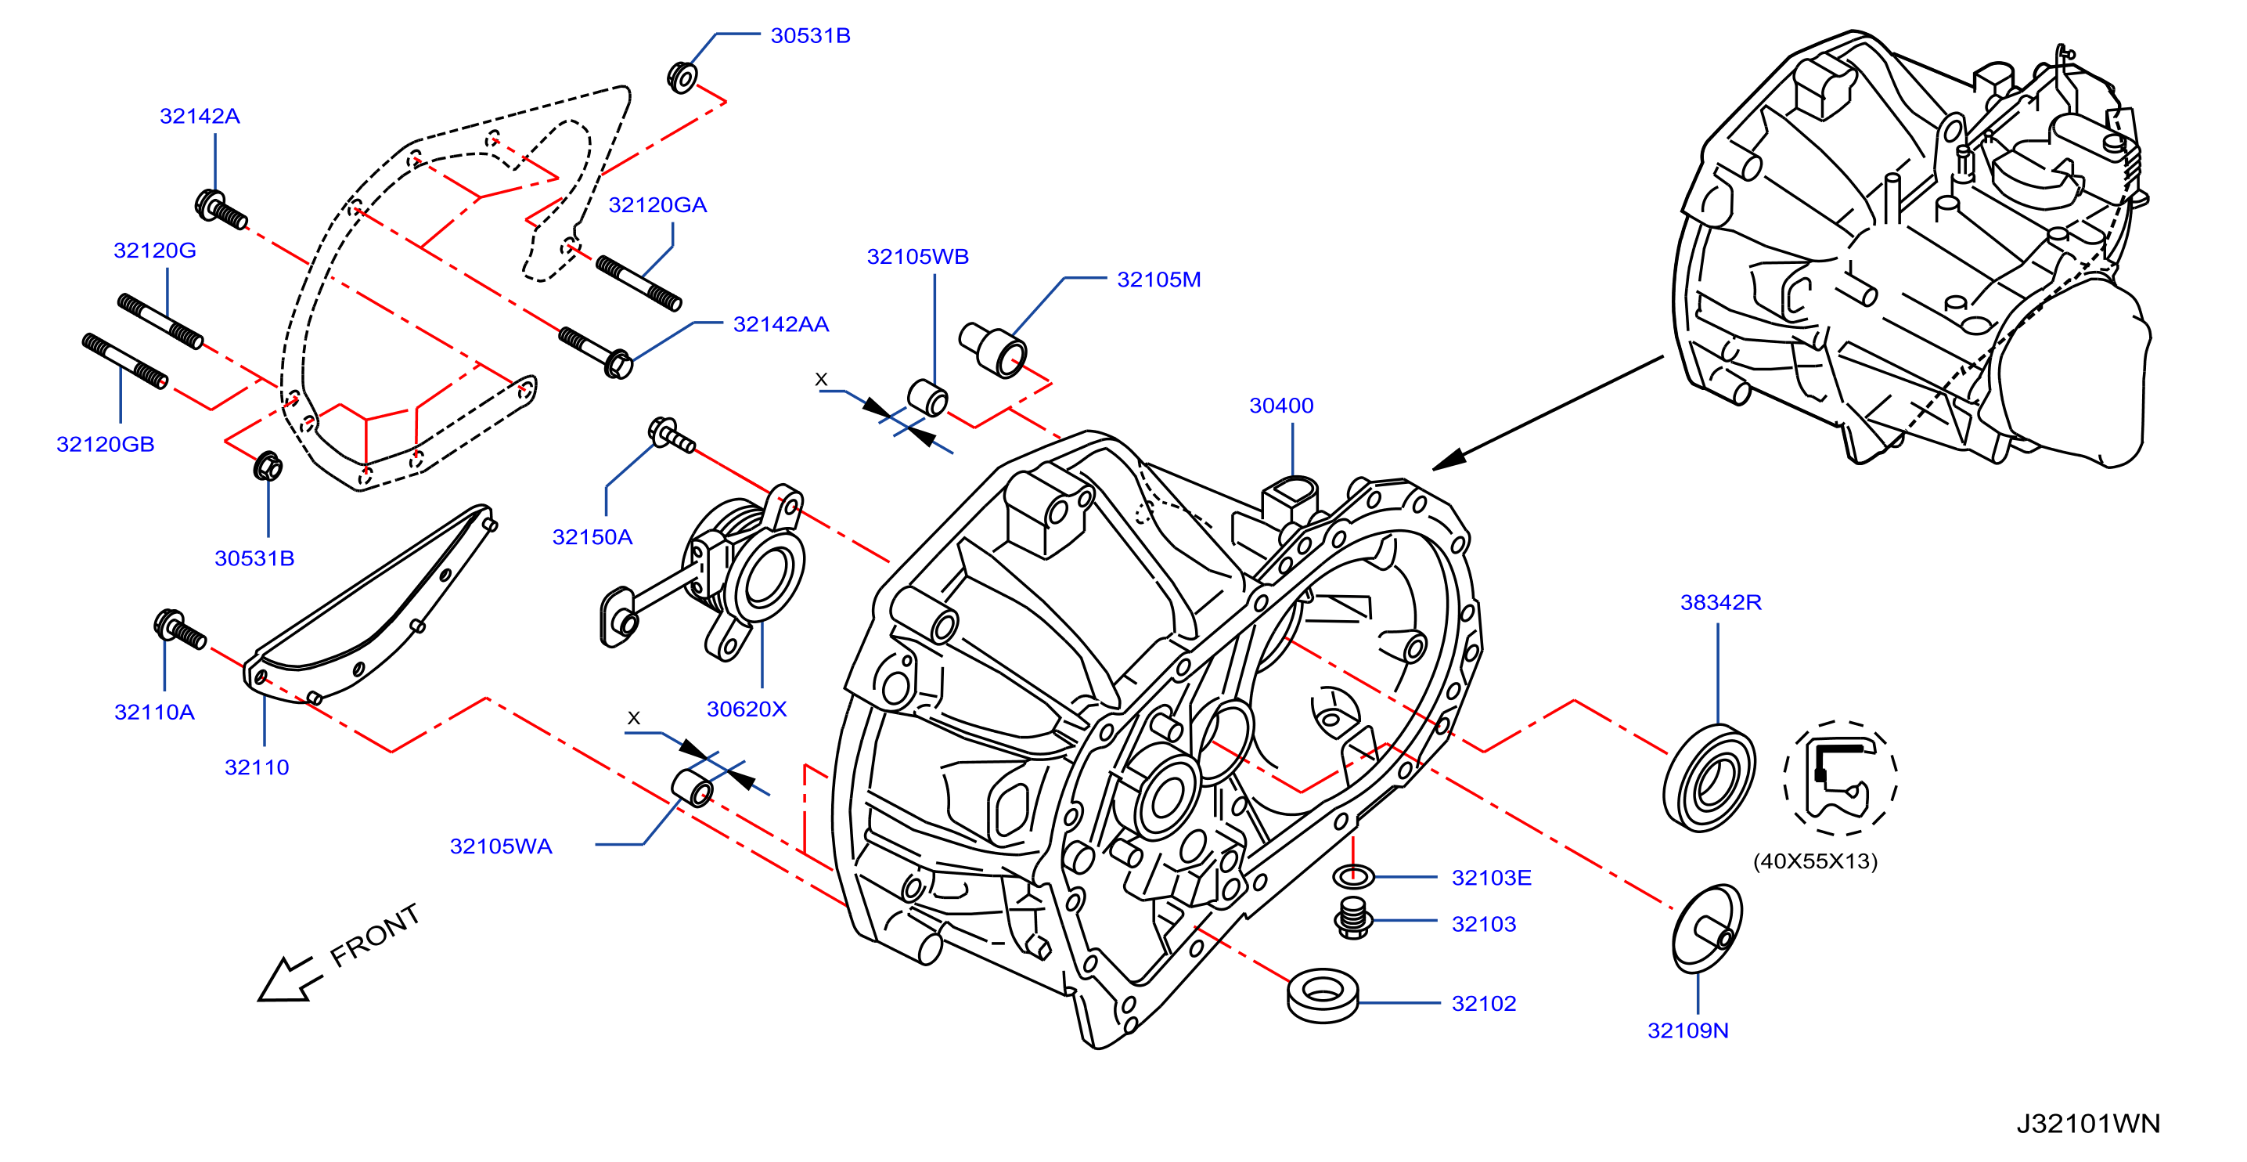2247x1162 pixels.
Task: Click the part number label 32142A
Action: tap(200, 116)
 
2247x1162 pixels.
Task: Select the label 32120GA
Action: tap(657, 205)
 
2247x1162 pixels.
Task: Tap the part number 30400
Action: tap(1280, 406)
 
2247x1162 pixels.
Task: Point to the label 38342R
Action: tap(1720, 602)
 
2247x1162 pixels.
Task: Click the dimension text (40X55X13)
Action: tap(1814, 861)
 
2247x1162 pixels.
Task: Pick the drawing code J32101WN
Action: tap(2087, 1124)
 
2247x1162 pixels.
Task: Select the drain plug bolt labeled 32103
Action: tap(1352, 918)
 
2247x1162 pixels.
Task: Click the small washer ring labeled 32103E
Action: tap(1353, 875)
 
